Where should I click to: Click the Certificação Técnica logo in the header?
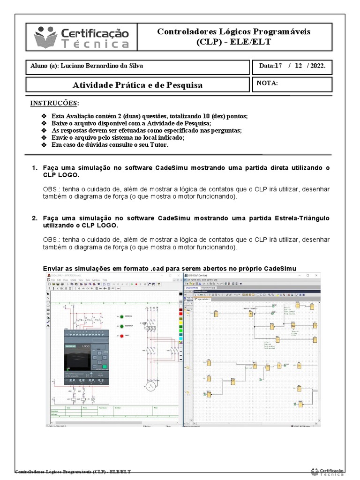(81, 37)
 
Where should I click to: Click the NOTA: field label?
(268, 83)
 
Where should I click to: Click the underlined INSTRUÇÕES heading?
(54, 103)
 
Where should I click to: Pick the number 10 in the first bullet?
(202, 116)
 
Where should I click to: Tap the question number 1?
(34, 168)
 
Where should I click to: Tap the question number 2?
(34, 218)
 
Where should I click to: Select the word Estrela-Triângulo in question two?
(302, 218)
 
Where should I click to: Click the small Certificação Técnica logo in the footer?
(328, 471)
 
